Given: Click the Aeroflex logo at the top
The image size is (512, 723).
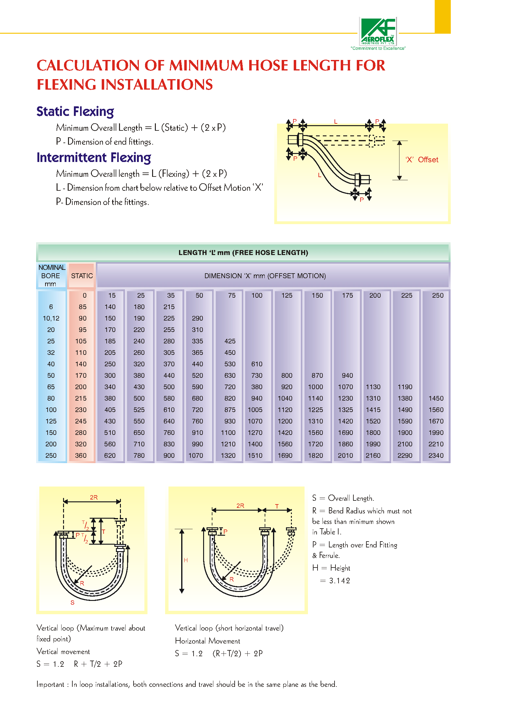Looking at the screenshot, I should (x=378, y=32).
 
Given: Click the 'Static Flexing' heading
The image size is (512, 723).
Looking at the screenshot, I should (x=75, y=112).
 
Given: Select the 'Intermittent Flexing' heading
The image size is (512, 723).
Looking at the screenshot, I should (x=94, y=158).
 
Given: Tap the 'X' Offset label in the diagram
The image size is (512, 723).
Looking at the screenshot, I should (x=421, y=160).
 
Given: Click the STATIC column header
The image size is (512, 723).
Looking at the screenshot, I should (x=82, y=276).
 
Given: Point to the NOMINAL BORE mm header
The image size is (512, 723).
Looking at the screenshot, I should (x=51, y=275).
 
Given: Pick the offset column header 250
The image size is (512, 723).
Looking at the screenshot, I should (x=437, y=295).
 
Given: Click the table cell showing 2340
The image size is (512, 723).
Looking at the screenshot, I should (x=436, y=455).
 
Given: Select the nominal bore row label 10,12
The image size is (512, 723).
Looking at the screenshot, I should (x=51, y=318).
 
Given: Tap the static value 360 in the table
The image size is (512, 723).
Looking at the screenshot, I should (x=81, y=455).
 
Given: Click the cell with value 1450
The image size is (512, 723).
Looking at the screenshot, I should (x=436, y=398).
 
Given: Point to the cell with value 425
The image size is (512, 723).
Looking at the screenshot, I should (x=230, y=341).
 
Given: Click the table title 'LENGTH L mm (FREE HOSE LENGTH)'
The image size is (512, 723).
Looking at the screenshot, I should (x=243, y=253).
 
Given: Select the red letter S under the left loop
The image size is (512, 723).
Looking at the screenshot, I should (x=73, y=602).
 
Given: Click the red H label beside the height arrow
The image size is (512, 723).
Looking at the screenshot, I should (x=186, y=560).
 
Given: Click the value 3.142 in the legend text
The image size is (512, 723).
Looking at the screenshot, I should (x=339, y=581).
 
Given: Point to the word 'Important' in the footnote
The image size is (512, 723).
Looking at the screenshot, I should (x=50, y=684).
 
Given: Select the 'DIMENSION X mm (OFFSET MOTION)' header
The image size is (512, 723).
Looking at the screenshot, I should (x=265, y=276).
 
